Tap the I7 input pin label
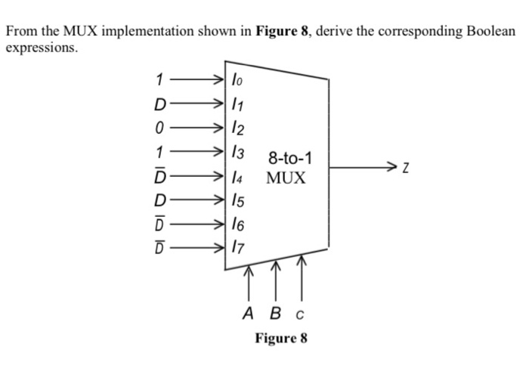pyautogui.click(x=237, y=246)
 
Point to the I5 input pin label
pyautogui.click(x=237, y=201)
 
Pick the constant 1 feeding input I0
pyautogui.click(x=159, y=78)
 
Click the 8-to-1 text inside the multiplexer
pyautogui.click(x=291, y=159)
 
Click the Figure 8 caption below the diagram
pyautogui.click(x=280, y=337)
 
